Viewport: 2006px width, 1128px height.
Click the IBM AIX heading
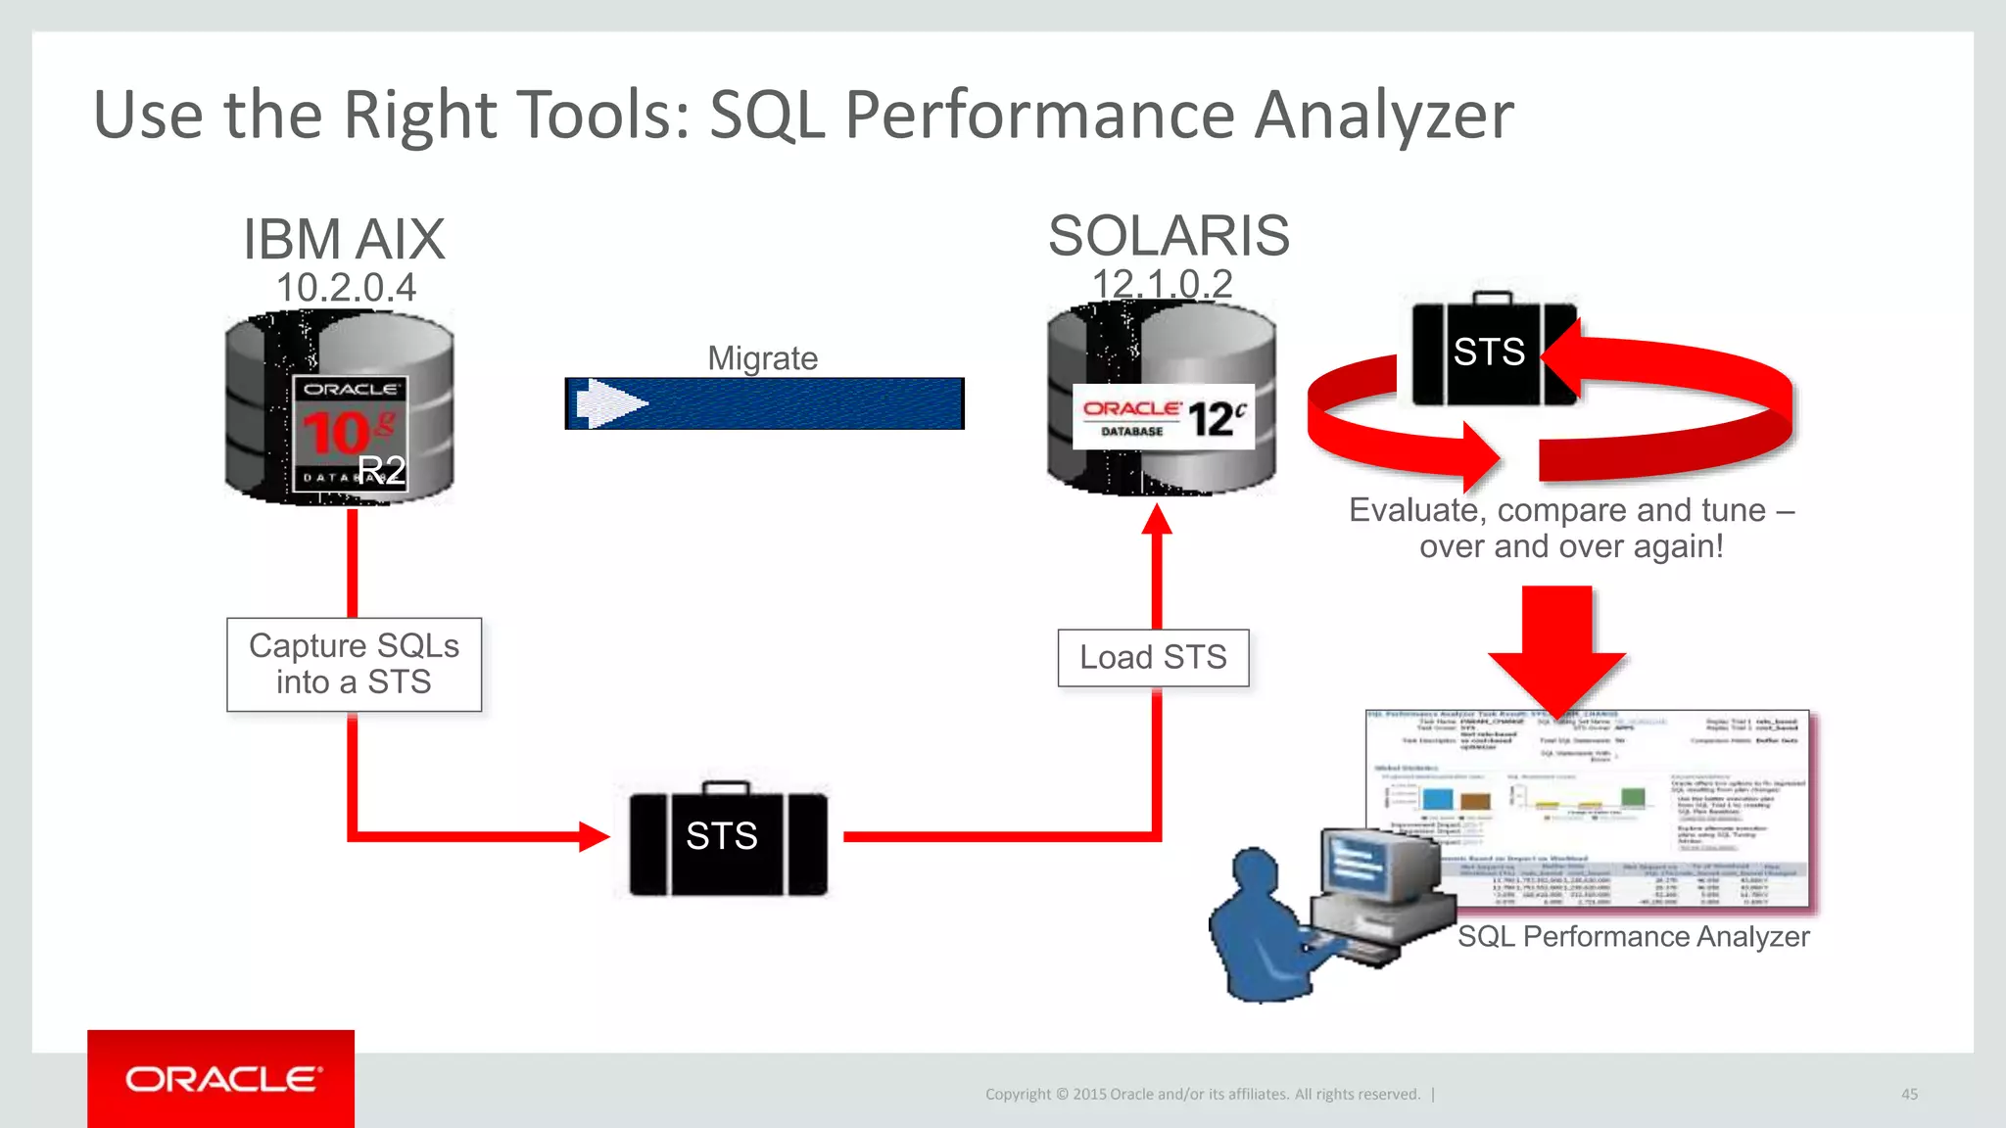click(x=344, y=239)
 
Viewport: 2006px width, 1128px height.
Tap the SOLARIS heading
click(x=1169, y=235)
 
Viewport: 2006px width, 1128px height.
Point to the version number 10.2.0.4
click(x=346, y=287)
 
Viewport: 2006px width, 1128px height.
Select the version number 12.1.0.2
click(x=1162, y=284)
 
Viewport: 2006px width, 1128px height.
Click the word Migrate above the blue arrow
click(x=762, y=358)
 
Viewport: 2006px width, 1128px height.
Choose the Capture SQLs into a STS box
click(x=354, y=664)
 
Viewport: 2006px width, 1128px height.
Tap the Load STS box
click(x=1153, y=657)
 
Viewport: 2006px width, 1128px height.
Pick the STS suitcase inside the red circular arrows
click(x=1489, y=352)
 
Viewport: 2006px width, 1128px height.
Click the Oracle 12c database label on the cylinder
click(x=1163, y=417)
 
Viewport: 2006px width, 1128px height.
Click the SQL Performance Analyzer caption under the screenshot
click(x=1633, y=937)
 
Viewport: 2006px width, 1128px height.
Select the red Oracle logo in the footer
click(x=221, y=1079)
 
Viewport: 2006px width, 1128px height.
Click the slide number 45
click(x=1909, y=1094)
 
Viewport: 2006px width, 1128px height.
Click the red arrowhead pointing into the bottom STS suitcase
click(x=593, y=836)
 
